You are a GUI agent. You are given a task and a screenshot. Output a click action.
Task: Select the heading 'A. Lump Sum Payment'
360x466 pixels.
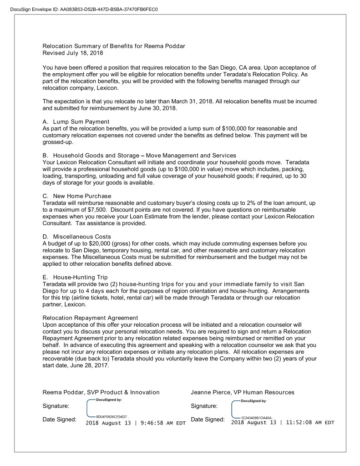pos(76,122)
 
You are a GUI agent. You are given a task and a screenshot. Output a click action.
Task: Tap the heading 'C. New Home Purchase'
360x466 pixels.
pos(76,196)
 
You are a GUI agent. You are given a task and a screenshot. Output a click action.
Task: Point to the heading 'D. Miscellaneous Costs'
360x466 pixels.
pos(76,237)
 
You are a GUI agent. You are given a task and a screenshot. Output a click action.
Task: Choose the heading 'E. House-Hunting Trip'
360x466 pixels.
pos(75,277)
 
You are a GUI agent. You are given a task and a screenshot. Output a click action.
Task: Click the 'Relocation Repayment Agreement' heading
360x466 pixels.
pos(90,318)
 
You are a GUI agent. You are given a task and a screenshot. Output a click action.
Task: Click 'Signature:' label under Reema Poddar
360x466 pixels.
pos(56,405)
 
